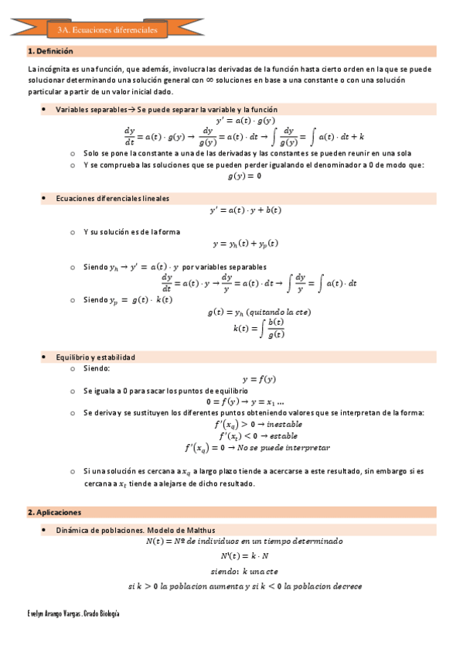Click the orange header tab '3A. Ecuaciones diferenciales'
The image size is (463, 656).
coord(107,29)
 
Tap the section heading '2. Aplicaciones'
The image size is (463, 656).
coord(53,512)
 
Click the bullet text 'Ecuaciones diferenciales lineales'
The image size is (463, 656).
coord(112,199)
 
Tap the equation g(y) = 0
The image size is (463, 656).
coord(244,176)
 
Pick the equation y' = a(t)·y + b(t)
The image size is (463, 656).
coord(245,210)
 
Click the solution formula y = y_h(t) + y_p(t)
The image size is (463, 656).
coord(245,244)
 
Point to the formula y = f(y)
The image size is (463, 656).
coord(258,379)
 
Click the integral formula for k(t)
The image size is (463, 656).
coord(259,328)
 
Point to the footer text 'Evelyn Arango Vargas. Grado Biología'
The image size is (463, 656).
coord(73,612)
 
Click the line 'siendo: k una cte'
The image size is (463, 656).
coord(244,571)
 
